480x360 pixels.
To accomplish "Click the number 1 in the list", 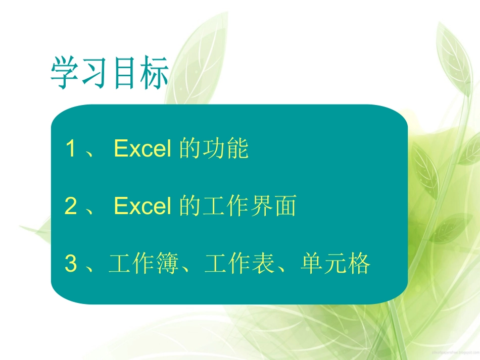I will coord(71,149).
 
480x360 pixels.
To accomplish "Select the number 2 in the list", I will coord(71,207).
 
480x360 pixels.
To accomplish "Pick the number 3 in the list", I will coord(71,264).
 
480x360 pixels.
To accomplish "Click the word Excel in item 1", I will coord(142,149).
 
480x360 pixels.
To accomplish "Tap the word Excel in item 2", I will coord(142,207).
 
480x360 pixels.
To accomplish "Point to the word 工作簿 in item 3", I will coord(144,264).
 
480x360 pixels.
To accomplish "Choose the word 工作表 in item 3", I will coord(240,264).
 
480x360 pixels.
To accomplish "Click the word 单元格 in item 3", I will coord(335,264).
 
